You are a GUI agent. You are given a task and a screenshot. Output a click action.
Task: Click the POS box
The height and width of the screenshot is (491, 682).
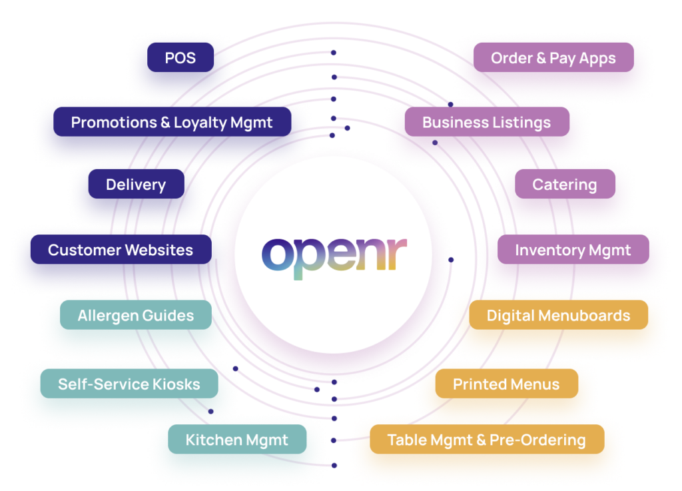pos(180,59)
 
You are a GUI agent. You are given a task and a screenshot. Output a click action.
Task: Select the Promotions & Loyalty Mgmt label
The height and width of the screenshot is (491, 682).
pos(172,123)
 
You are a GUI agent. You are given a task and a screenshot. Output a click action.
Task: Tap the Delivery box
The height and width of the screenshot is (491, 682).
pos(136,185)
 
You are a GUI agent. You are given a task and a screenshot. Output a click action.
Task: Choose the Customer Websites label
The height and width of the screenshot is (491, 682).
pos(121,250)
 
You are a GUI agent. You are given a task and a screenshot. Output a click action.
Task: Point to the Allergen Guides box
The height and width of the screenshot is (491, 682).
pos(136,316)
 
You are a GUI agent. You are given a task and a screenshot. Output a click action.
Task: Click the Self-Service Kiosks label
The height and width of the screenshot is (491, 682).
pos(129,384)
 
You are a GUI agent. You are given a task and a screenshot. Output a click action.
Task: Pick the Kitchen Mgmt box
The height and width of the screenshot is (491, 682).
pos(236,440)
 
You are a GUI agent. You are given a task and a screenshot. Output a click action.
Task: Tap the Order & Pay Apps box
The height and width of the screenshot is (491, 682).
pos(553,59)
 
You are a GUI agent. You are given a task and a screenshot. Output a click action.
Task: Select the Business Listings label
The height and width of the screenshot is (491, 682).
pos(486,123)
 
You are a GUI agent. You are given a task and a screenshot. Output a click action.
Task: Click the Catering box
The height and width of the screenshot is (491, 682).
pos(564,185)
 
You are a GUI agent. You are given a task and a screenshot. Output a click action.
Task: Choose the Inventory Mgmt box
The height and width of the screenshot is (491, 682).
pos(573,250)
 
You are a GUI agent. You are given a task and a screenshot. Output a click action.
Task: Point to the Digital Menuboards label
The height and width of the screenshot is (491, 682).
pos(558,316)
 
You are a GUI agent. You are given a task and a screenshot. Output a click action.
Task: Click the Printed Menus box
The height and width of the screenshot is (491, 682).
pos(506,384)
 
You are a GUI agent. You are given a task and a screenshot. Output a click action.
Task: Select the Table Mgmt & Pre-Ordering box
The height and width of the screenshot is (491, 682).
pos(486,440)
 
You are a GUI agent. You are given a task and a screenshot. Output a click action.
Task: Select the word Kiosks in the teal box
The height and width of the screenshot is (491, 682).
pos(176,384)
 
